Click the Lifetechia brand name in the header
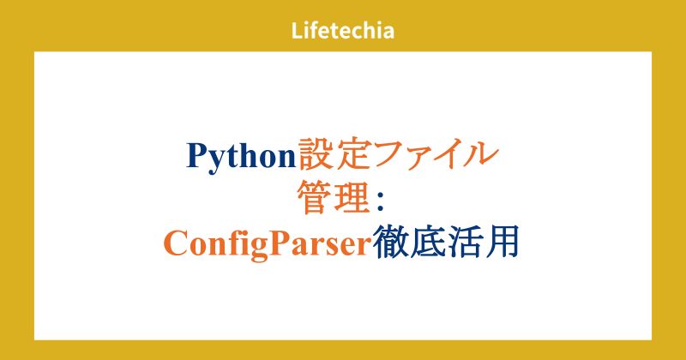point(343,32)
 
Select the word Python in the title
point(240,156)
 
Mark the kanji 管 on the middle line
point(314,199)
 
